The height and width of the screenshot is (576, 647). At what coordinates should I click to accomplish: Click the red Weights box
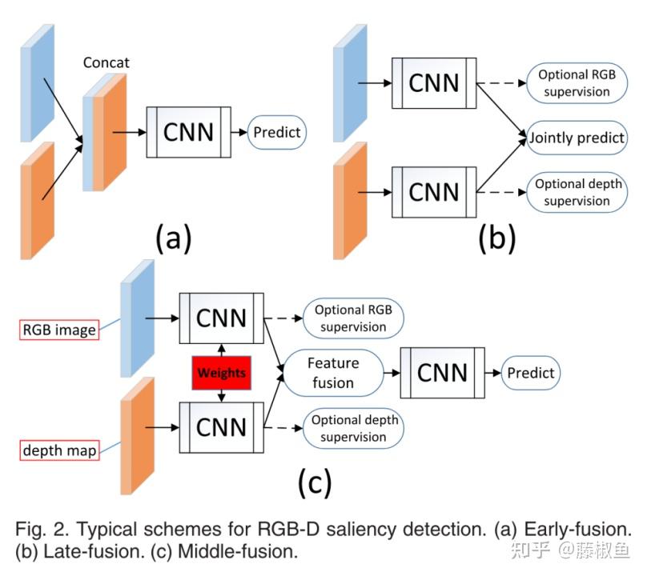[x=221, y=374]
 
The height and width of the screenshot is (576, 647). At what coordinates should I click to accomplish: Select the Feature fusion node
[x=333, y=373]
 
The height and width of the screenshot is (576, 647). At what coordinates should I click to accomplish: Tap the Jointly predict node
[x=577, y=138]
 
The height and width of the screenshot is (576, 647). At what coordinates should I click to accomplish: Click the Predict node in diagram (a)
[x=276, y=131]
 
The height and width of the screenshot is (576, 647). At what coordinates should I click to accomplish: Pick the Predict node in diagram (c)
[x=530, y=373]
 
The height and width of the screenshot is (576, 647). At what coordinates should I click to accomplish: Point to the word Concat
[x=106, y=62]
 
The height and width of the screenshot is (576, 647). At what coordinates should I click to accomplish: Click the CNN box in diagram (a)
[x=188, y=131]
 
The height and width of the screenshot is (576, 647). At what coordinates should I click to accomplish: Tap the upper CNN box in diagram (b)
[x=434, y=82]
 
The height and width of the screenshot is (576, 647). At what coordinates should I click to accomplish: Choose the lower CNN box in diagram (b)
[x=434, y=192]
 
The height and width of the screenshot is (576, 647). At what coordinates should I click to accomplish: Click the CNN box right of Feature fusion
[x=442, y=373]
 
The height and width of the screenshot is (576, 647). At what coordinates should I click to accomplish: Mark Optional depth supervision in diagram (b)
[x=577, y=193]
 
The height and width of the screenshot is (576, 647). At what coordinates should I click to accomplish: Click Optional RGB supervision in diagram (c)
[x=353, y=318]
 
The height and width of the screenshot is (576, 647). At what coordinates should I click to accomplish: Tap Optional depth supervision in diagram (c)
[x=353, y=428]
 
